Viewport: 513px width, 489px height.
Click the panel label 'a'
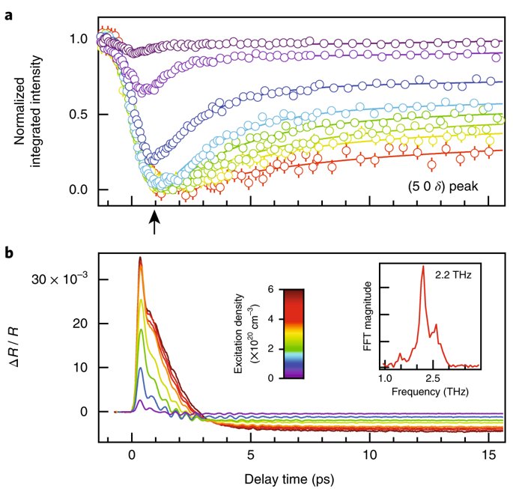click(8, 16)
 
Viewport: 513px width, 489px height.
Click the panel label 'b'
click(9, 252)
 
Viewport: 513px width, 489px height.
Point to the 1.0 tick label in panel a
click(79, 39)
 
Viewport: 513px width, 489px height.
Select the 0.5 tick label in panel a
click(79, 115)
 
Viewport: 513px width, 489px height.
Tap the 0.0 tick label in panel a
click(79, 189)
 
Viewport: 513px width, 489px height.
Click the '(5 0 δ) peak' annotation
click(443, 186)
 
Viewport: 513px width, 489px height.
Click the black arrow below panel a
click(154, 222)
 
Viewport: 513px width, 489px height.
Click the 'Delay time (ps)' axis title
click(289, 479)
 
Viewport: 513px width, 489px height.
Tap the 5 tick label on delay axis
click(251, 455)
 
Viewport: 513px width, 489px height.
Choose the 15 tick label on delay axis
click(489, 455)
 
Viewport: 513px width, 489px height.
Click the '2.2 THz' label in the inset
click(453, 275)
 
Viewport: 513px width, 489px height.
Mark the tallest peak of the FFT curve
click(423, 267)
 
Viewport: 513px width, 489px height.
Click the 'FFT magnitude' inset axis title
click(368, 316)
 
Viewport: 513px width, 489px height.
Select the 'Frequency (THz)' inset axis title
click(430, 391)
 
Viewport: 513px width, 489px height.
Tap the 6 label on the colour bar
click(270, 289)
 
